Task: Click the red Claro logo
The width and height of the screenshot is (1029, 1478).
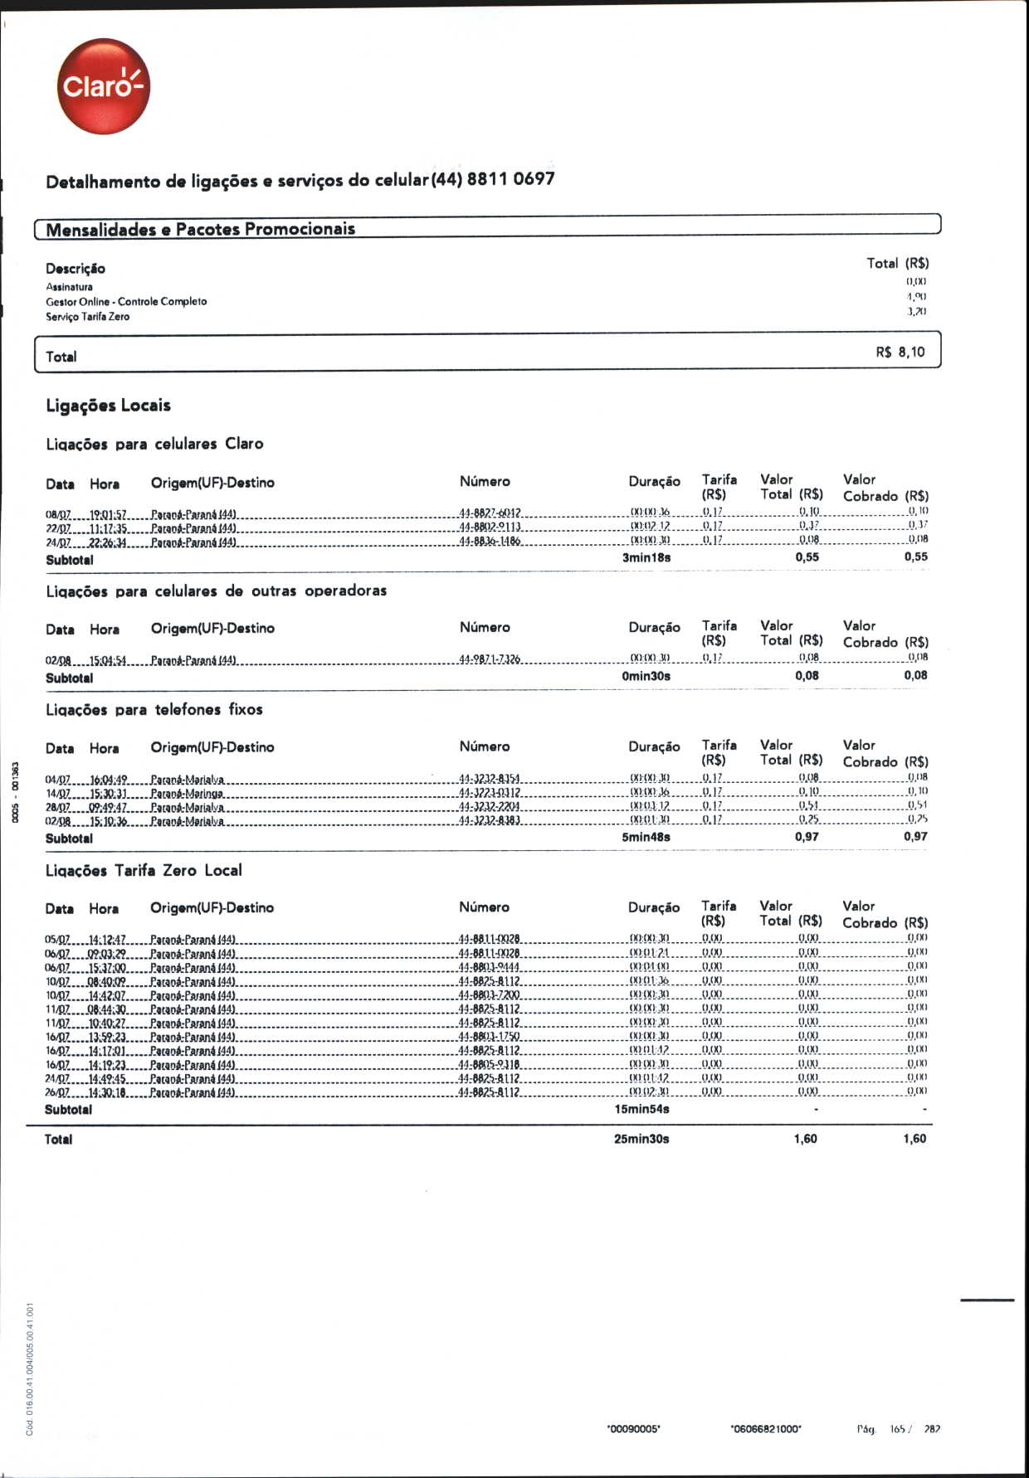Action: tap(104, 86)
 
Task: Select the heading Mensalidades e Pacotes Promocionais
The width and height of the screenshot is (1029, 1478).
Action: tap(200, 230)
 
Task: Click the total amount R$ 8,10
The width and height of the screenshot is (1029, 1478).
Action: tap(900, 352)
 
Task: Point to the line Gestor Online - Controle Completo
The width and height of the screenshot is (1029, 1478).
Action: tap(126, 302)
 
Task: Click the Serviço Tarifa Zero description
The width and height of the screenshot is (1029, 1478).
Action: tap(87, 317)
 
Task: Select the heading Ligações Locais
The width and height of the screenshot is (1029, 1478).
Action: tap(108, 406)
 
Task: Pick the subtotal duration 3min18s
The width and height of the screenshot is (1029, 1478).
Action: tap(646, 557)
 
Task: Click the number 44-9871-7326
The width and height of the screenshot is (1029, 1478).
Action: tap(490, 659)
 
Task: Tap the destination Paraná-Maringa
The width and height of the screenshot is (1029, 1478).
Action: tap(187, 793)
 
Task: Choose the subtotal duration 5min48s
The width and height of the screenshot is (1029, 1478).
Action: tap(646, 837)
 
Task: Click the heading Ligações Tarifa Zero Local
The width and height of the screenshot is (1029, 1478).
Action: tap(144, 871)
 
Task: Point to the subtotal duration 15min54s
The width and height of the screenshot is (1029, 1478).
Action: tap(641, 1109)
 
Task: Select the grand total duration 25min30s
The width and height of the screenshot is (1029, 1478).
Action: tap(641, 1139)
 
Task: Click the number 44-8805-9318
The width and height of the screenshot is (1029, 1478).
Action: tap(490, 1064)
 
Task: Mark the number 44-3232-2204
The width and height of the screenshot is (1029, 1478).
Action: tap(490, 807)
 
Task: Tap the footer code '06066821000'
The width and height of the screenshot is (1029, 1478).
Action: tap(765, 1429)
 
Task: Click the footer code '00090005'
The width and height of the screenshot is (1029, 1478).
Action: tap(633, 1429)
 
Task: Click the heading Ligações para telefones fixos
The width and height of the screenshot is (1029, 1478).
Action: tap(154, 710)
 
